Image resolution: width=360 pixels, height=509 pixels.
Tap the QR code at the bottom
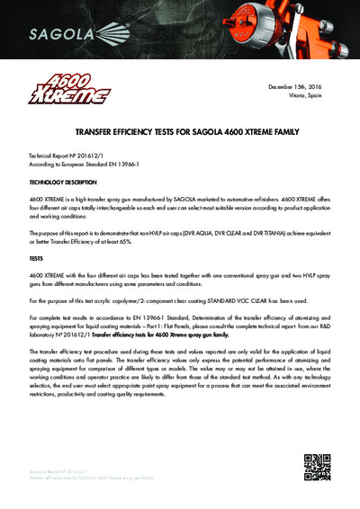316,468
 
